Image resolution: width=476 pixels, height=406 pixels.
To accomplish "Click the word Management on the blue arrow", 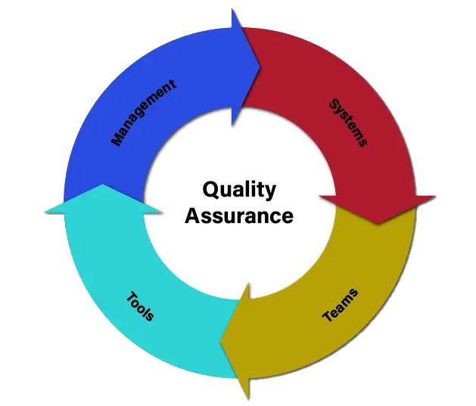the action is click(x=144, y=113).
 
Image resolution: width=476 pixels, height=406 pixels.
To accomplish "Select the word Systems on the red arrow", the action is click(x=348, y=122).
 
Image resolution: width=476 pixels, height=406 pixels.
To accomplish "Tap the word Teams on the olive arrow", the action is click(x=340, y=305).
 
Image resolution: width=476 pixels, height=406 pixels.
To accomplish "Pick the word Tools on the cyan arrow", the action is click(x=140, y=305).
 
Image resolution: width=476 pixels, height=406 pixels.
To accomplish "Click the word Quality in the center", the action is click(x=239, y=191).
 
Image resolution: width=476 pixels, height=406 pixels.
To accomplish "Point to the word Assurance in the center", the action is click(x=239, y=215).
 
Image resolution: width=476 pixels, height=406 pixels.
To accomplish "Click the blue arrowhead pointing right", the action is click(x=246, y=67).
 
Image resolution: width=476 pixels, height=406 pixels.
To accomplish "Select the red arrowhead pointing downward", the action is click(x=378, y=210).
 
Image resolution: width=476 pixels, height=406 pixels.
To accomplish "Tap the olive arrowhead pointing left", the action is click(x=235, y=342).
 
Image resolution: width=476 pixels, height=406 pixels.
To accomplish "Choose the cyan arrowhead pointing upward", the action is click(x=103, y=199).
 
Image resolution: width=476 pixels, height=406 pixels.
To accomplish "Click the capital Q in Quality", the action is click(x=211, y=190).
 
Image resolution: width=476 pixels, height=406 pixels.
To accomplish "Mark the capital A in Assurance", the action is click(x=193, y=215).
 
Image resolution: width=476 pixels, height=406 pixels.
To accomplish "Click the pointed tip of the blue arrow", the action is click(x=260, y=67).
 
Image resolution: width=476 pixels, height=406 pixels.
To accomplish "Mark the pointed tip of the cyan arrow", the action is click(x=103, y=184).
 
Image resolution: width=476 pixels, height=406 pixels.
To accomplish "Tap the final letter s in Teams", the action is click(x=353, y=293).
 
